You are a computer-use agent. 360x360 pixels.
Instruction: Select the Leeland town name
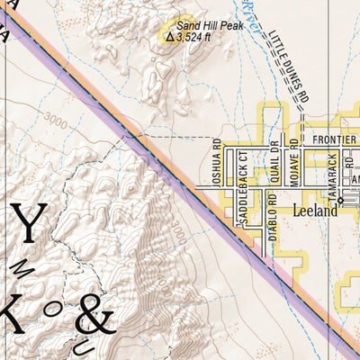point(315,211)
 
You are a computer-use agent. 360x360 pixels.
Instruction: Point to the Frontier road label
point(335,140)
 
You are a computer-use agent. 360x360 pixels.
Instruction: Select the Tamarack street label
point(333,170)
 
